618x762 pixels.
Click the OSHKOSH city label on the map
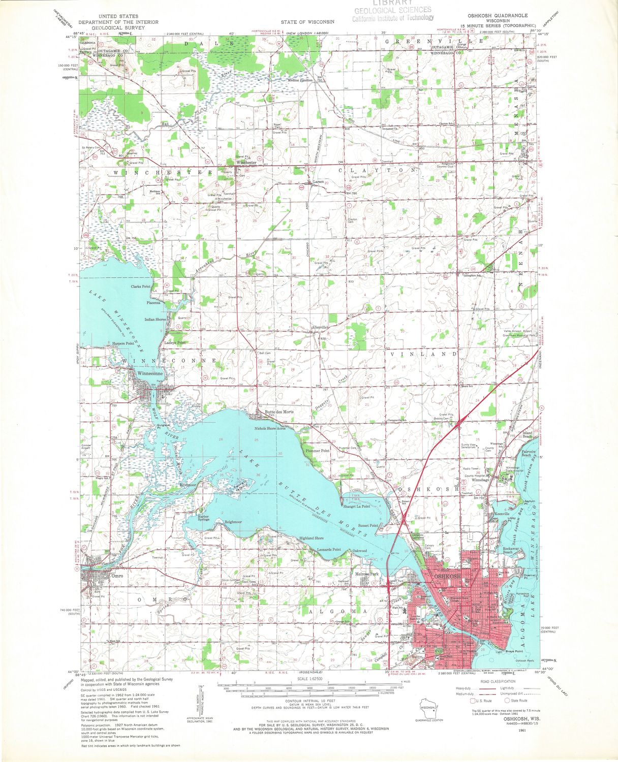[x=447, y=576]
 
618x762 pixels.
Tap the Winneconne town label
[x=150, y=373]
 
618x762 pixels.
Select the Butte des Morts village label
[x=279, y=412]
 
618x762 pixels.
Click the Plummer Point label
[x=317, y=451]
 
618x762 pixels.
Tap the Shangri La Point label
[x=356, y=506]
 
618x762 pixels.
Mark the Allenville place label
[x=320, y=328]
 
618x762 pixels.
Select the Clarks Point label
[x=141, y=287]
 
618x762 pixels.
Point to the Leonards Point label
[x=329, y=550]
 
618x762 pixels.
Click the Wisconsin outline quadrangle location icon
[x=428, y=707]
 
